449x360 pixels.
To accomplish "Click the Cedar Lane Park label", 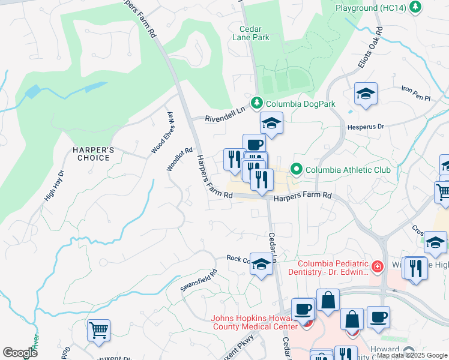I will pos(251,32).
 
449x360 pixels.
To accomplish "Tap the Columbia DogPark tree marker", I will pos(257,104).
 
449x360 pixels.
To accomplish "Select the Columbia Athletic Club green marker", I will pos(295,170).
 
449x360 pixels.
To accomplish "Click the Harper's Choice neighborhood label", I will pos(91,154).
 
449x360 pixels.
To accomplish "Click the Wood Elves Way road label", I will pos(162,133).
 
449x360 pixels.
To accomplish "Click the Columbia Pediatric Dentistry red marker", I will pos(378,266).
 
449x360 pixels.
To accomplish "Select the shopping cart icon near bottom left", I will pos(98,330).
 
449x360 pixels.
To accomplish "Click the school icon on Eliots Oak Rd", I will pos(365,94).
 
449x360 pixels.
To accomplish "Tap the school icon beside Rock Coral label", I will pos(261,264).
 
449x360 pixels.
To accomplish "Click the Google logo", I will pos(20,353).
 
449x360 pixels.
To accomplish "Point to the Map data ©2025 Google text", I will pos(412,355).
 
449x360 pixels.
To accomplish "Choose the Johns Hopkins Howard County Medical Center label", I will pos(255,322).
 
